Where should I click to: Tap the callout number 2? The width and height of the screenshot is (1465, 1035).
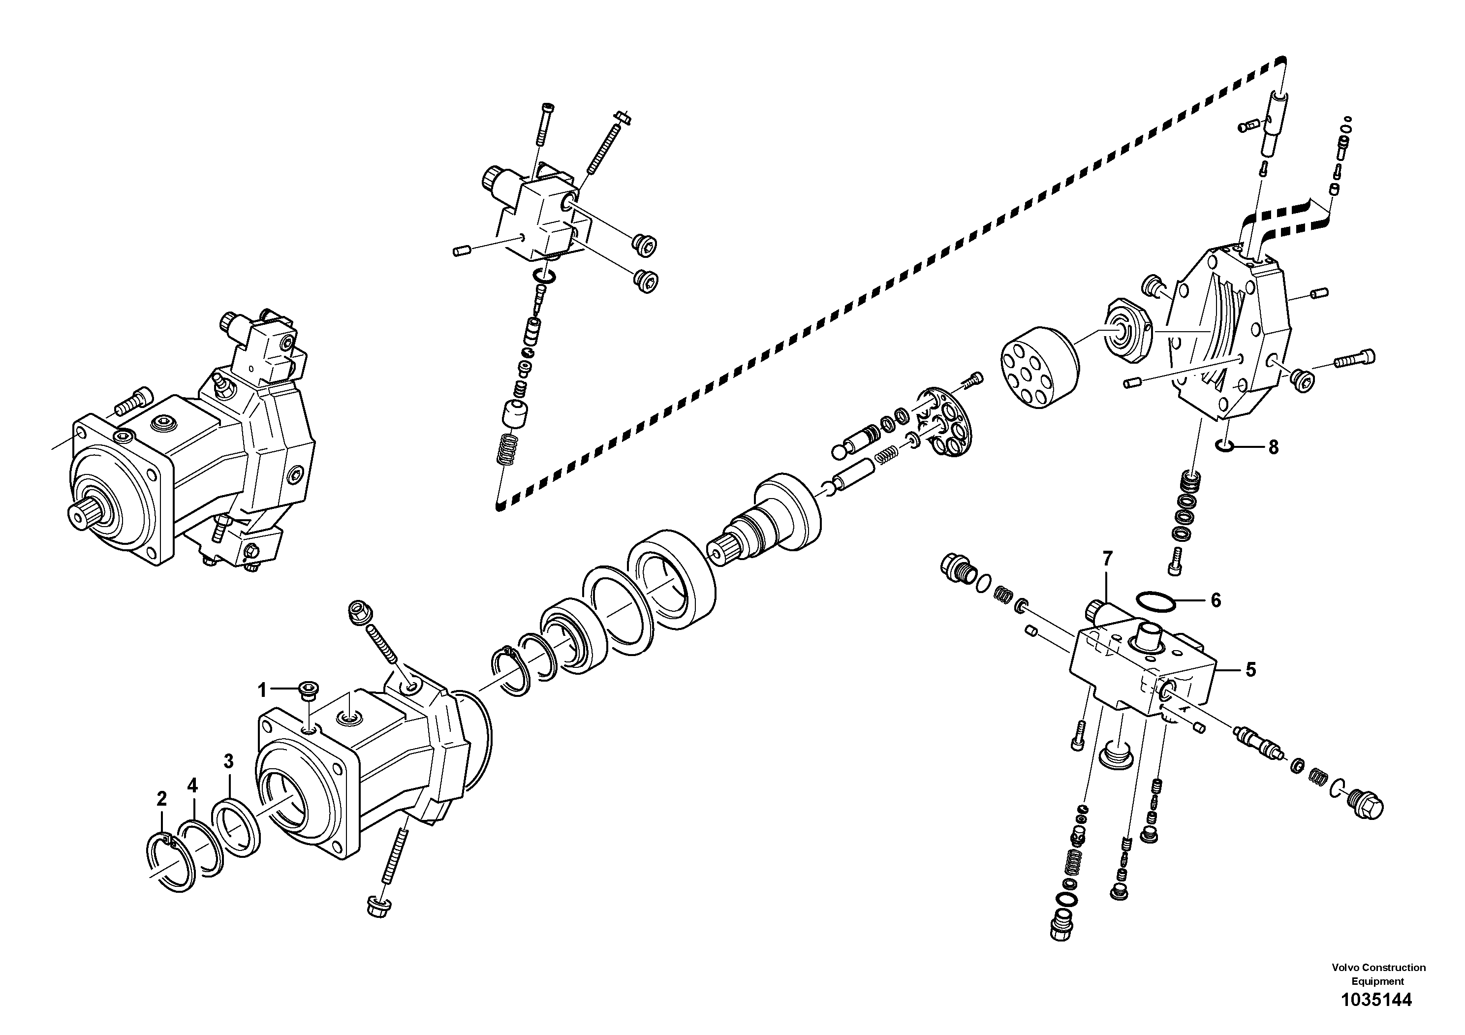(161, 798)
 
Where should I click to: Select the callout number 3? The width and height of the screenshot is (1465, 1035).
(228, 761)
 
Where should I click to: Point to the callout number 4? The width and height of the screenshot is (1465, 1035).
(193, 785)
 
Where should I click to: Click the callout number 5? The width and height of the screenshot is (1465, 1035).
(1250, 669)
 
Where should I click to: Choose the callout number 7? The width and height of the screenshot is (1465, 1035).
(1107, 559)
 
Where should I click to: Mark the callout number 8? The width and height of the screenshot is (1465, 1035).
(1273, 447)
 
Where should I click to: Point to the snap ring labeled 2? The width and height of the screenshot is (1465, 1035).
(170, 861)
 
